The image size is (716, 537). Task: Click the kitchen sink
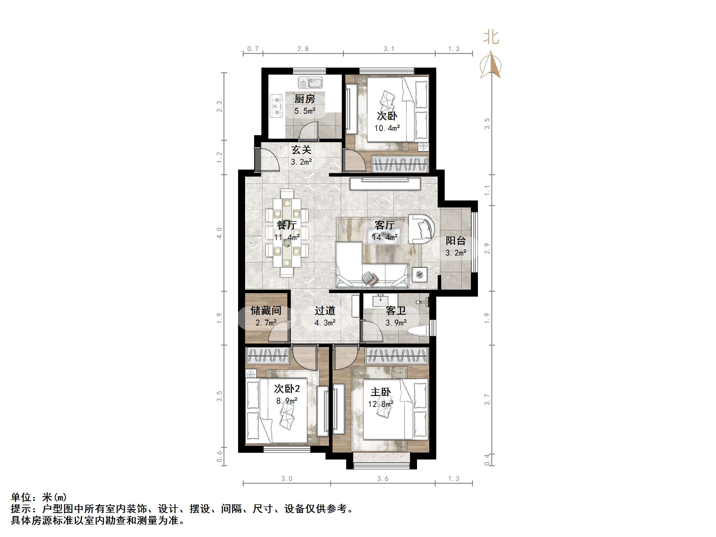pos(310,83)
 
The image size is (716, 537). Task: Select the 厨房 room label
pos(304,99)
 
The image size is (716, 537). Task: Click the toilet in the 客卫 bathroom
pos(418,331)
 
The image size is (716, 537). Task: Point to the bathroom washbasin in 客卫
pos(381,301)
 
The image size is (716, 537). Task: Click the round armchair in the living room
pos(421,228)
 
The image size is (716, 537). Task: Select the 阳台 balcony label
pos(455,240)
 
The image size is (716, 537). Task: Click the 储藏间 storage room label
pos(266,311)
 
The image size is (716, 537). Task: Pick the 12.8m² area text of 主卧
pos(381,404)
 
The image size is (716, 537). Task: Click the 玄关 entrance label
pos(301,150)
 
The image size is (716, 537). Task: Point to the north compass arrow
pos(491,65)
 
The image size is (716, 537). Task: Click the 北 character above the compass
pos(491,37)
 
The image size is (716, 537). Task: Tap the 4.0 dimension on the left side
pos(219,233)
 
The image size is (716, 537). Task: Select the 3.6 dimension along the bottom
pos(383,479)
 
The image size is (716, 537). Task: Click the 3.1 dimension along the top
pos(389,49)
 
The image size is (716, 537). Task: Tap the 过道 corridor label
pos(325,311)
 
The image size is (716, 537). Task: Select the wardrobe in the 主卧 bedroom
pos(397,356)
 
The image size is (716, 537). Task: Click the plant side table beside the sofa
pos(420,274)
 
